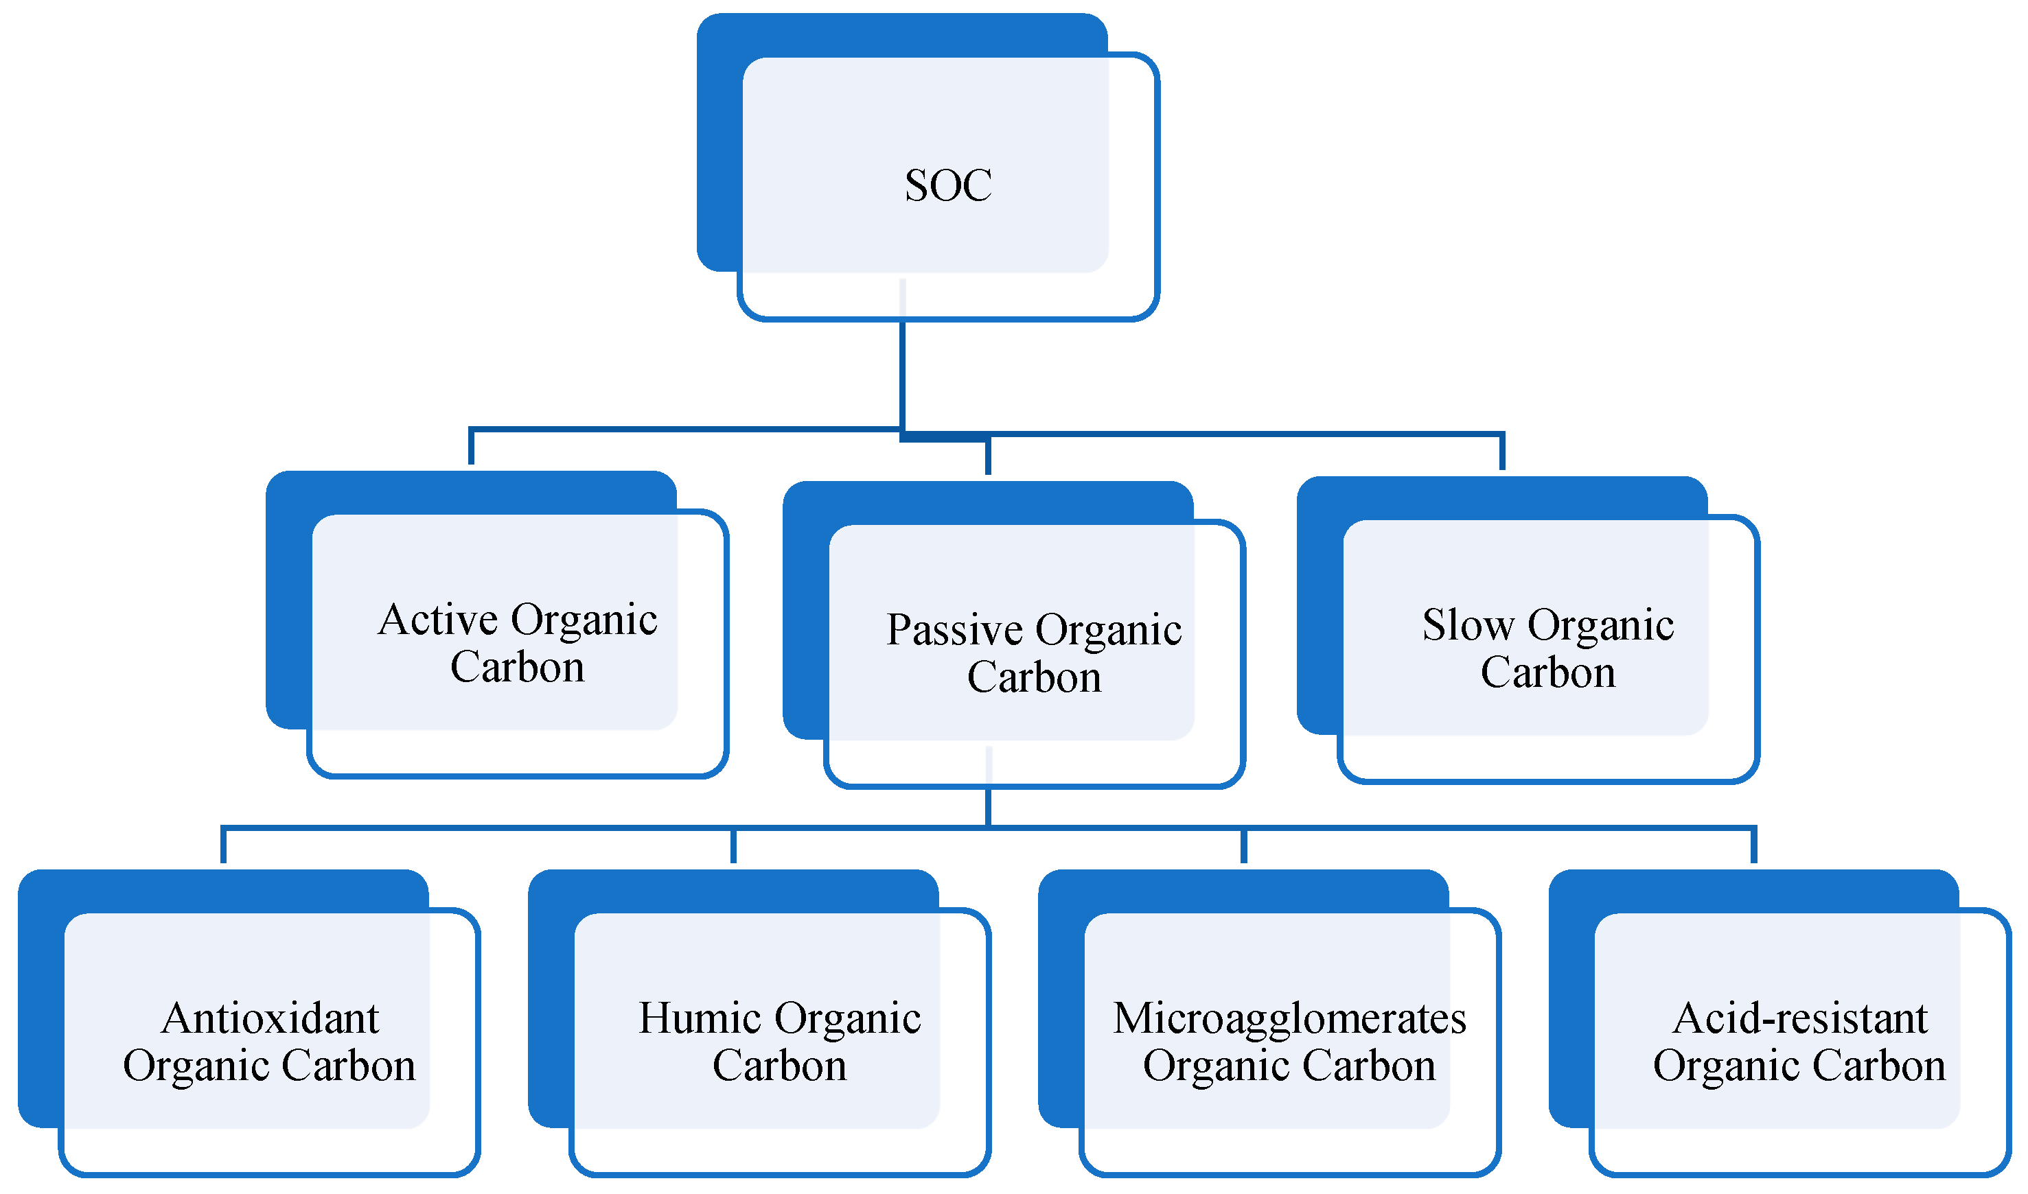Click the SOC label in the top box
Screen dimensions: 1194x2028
click(948, 186)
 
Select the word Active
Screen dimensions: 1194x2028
click(439, 620)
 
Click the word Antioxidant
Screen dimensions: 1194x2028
click(270, 1018)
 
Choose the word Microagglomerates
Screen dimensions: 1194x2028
click(1289, 1018)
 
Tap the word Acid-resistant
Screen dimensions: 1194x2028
click(1799, 1018)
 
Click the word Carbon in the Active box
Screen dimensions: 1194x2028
click(518, 667)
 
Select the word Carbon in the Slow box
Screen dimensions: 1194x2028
click(1547, 672)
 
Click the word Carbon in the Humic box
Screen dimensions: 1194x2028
click(779, 1066)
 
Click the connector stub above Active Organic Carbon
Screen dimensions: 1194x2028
click(472, 447)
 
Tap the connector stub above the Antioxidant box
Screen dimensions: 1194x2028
click(224, 845)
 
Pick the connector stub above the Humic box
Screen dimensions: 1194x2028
click(733, 845)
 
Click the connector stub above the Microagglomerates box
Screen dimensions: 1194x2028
click(1243, 845)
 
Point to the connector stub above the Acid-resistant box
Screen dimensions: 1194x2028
click(1753, 845)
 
